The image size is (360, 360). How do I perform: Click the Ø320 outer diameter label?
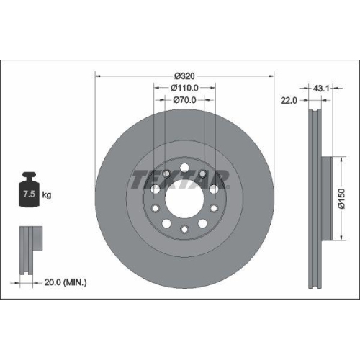pyautogui.click(x=185, y=75)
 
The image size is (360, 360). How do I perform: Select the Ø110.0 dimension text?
pyautogui.click(x=185, y=88)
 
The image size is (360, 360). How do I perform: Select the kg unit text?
pyautogui.click(x=46, y=195)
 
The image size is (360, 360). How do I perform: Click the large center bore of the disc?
pyautogui.click(x=184, y=199)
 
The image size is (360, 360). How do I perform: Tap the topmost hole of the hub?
pyautogui.click(x=184, y=168)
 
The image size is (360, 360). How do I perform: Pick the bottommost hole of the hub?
pyautogui.click(x=184, y=229)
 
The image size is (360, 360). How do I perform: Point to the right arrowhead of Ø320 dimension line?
pyautogui.click(x=272, y=75)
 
